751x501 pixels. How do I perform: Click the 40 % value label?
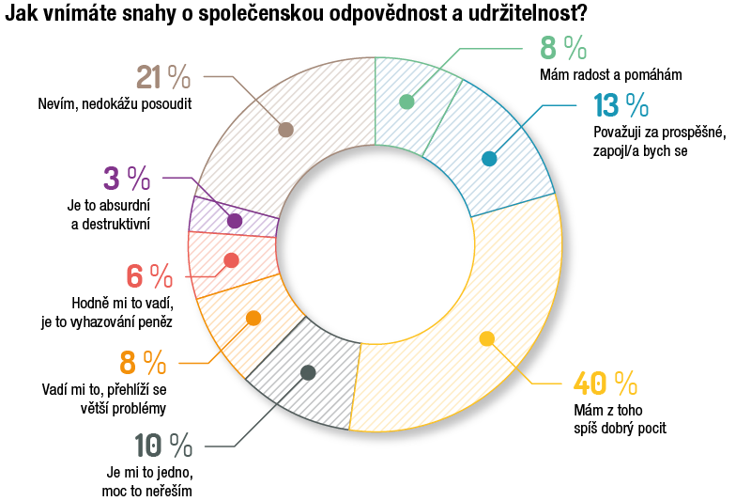tap(605, 384)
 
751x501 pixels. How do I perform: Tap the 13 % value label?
tap(621, 106)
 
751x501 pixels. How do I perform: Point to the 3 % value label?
tap(126, 177)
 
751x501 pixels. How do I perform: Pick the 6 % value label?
tap(149, 276)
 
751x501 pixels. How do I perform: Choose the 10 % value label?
tap(162, 445)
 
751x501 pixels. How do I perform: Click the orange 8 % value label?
tap(143, 362)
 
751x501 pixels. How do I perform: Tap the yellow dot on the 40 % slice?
tap(486, 339)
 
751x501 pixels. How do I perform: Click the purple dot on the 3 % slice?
tap(235, 221)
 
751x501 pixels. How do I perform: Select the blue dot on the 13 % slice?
tap(488, 159)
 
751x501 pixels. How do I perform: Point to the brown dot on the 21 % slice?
tap(286, 130)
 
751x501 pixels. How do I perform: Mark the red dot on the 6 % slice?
tap(232, 260)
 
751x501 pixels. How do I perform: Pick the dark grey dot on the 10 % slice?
tap(308, 372)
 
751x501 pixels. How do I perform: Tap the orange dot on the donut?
tap(253, 319)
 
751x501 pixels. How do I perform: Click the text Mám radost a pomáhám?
tap(610, 74)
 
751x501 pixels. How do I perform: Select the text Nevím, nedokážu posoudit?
tap(115, 104)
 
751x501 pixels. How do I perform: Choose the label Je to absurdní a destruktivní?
tap(111, 213)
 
